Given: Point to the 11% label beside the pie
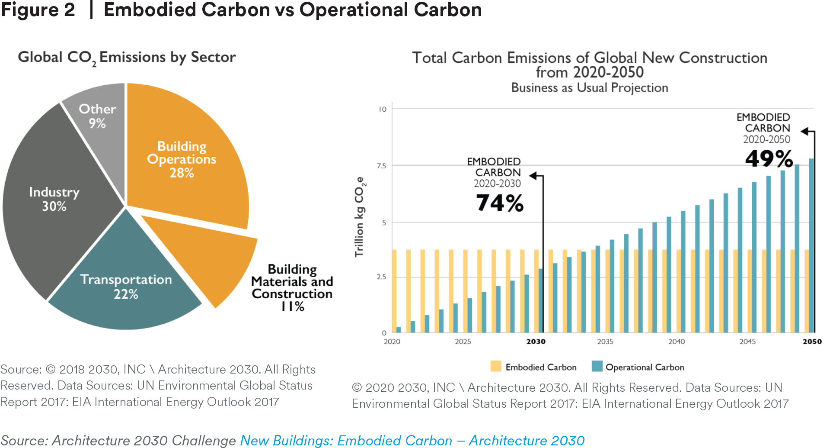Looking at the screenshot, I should click(293, 306).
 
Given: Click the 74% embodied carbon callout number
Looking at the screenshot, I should click(500, 203).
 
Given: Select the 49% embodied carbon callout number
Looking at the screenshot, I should click(769, 158).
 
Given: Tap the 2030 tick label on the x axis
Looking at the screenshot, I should click(536, 342).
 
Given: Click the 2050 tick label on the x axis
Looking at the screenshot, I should click(812, 342).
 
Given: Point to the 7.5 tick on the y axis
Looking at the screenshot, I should click(381, 166).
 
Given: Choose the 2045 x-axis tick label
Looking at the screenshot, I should click(747, 342).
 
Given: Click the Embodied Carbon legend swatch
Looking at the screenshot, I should click(496, 366).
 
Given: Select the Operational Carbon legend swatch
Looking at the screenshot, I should click(597, 366).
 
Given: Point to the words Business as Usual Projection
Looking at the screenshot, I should click(590, 88).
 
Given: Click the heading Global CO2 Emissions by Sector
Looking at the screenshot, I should click(127, 58).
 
